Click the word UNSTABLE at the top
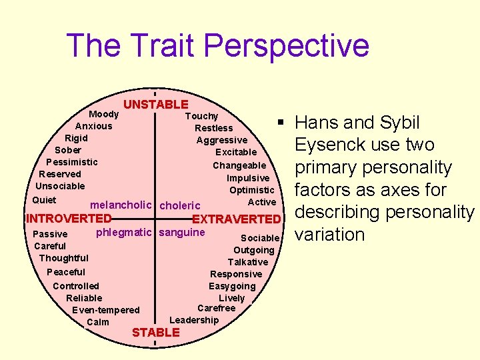click(156, 104)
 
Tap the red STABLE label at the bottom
click(156, 332)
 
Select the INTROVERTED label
click(68, 219)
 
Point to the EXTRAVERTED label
click(236, 219)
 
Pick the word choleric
click(180, 205)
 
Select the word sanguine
click(182, 233)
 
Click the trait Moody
click(104, 115)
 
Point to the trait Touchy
click(201, 116)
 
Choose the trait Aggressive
click(221, 140)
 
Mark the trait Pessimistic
click(72, 162)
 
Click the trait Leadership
click(194, 320)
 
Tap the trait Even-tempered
click(106, 310)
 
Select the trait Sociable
click(260, 238)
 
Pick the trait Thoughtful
click(64, 258)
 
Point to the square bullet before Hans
click(282, 123)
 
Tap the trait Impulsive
click(248, 178)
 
